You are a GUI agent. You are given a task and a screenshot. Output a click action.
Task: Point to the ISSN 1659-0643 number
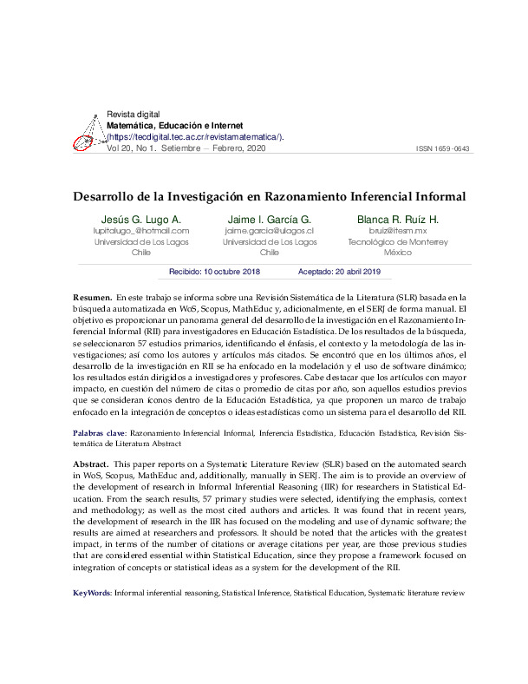(443, 149)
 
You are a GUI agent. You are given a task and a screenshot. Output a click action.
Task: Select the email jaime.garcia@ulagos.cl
(269, 231)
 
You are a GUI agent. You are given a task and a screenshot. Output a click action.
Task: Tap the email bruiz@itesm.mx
(398, 231)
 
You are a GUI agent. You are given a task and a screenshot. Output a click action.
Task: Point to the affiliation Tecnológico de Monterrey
(398, 242)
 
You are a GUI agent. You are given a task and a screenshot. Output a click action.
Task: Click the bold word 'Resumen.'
(92, 297)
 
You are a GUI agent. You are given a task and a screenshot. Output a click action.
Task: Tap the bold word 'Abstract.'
(92, 465)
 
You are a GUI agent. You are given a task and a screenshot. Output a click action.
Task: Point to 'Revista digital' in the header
(133, 115)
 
